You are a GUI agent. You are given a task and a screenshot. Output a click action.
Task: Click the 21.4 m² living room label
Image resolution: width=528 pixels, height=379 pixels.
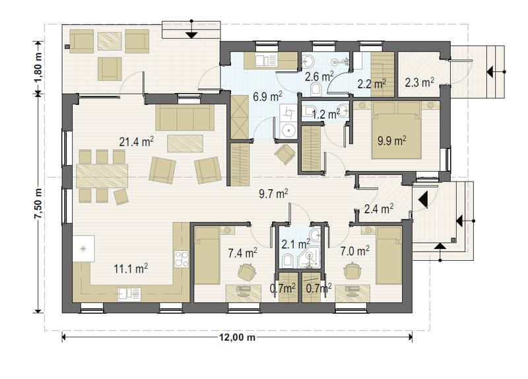[x=137, y=141]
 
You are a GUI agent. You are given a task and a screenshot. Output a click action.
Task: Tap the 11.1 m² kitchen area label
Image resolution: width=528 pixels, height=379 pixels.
[x=131, y=269]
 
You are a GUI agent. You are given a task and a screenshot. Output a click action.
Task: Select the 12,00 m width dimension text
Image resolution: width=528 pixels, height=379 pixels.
[x=237, y=337]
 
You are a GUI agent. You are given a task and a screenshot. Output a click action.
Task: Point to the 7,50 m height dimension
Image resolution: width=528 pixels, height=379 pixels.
[x=39, y=203]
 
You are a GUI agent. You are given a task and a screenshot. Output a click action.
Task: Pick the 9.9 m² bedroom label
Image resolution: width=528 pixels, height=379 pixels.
[x=391, y=141]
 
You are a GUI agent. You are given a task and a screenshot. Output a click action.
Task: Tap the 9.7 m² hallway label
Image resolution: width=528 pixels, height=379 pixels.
[x=273, y=193]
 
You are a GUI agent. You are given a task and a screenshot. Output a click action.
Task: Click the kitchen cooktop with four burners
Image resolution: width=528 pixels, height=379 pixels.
[x=181, y=259]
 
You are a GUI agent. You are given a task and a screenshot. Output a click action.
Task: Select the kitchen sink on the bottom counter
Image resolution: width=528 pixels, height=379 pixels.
[x=129, y=294]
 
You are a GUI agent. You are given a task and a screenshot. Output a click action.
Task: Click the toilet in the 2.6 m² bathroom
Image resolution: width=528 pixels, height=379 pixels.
[x=316, y=89]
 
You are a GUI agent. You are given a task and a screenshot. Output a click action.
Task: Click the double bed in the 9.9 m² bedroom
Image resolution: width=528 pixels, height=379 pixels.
[x=397, y=130]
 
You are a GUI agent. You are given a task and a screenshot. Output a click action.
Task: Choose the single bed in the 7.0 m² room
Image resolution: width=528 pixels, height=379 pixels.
[x=389, y=256]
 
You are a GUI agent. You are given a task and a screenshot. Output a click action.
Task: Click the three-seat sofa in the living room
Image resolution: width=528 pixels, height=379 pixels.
[x=185, y=118]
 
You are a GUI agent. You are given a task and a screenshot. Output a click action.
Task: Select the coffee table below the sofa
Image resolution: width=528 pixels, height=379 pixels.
[x=185, y=143]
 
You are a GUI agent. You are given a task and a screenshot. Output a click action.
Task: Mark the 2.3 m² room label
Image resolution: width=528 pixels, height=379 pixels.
[x=419, y=82]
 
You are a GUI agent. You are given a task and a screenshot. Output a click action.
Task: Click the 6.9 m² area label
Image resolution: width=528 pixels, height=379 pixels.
[x=267, y=96]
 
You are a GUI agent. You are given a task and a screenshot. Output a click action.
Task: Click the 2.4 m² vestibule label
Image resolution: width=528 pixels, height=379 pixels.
[x=379, y=209]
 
